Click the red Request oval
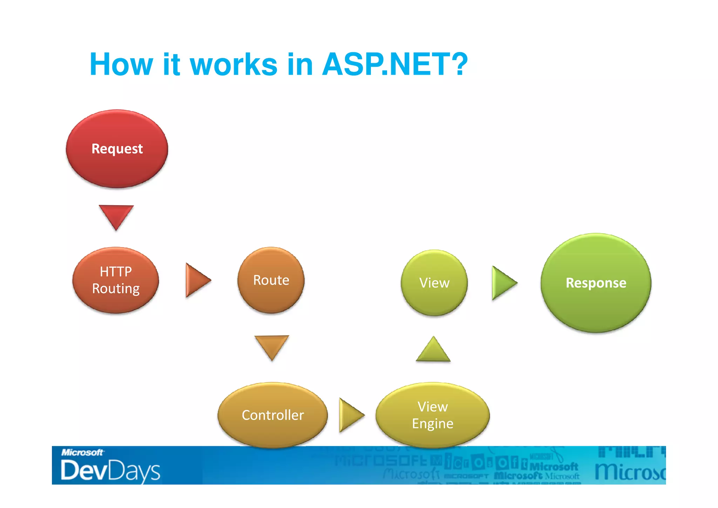point(117,149)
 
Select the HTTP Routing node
point(116,280)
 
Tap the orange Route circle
point(271,280)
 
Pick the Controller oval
point(273,415)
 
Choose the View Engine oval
point(433,415)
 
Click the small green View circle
point(434,283)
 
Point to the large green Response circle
point(596,283)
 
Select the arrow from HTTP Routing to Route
point(197,280)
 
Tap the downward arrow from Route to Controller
point(272,346)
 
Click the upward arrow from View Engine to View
point(433,350)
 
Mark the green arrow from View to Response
point(503,283)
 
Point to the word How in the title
point(121,64)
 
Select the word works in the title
point(233,64)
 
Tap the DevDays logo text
point(110,470)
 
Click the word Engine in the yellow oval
point(433,424)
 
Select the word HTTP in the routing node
point(116,271)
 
